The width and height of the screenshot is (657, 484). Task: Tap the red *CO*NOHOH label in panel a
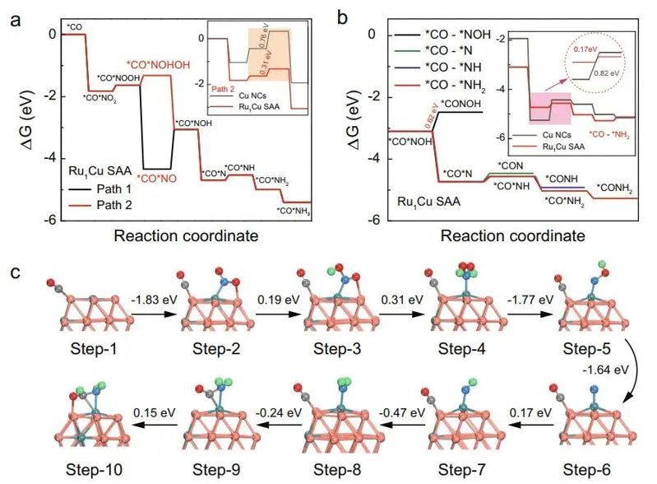150,66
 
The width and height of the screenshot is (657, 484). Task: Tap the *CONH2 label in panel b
616,188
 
